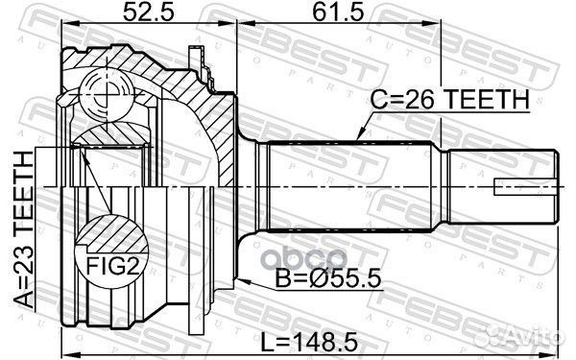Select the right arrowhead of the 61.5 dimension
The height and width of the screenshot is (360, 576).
pyautogui.click(x=439, y=29)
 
